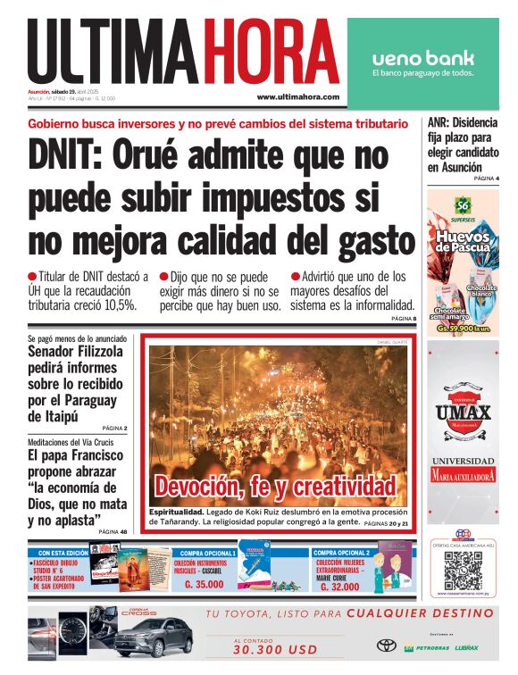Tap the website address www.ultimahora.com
[297, 96]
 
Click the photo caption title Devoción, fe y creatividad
[275, 487]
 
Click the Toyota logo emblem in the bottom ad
[386, 645]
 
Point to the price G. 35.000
[204, 585]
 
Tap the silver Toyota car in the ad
[153, 637]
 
